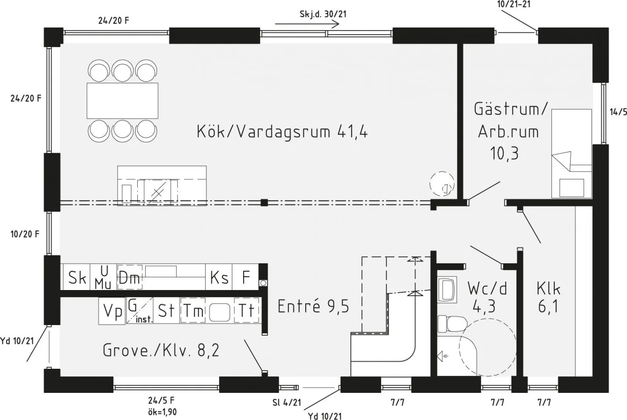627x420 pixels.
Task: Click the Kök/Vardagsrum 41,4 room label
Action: tap(282, 131)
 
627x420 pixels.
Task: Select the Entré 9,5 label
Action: tap(313, 306)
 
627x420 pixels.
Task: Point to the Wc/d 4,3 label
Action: tap(487, 297)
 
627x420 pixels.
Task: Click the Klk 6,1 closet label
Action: tap(548, 297)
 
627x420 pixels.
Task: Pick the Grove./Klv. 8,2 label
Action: tap(161, 350)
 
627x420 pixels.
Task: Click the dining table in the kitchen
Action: tap(122, 101)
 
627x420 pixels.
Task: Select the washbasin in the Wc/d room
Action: tap(447, 289)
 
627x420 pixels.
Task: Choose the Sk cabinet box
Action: tap(77, 277)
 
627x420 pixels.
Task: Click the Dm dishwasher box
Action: tap(129, 277)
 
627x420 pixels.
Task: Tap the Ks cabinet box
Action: tap(219, 277)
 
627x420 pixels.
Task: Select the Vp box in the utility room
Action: tap(112, 311)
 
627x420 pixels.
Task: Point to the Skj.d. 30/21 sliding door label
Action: tap(323, 14)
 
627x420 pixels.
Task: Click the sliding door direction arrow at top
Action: tap(302, 21)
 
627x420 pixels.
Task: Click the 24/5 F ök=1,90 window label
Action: tap(161, 406)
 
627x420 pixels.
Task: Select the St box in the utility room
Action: tap(166, 311)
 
